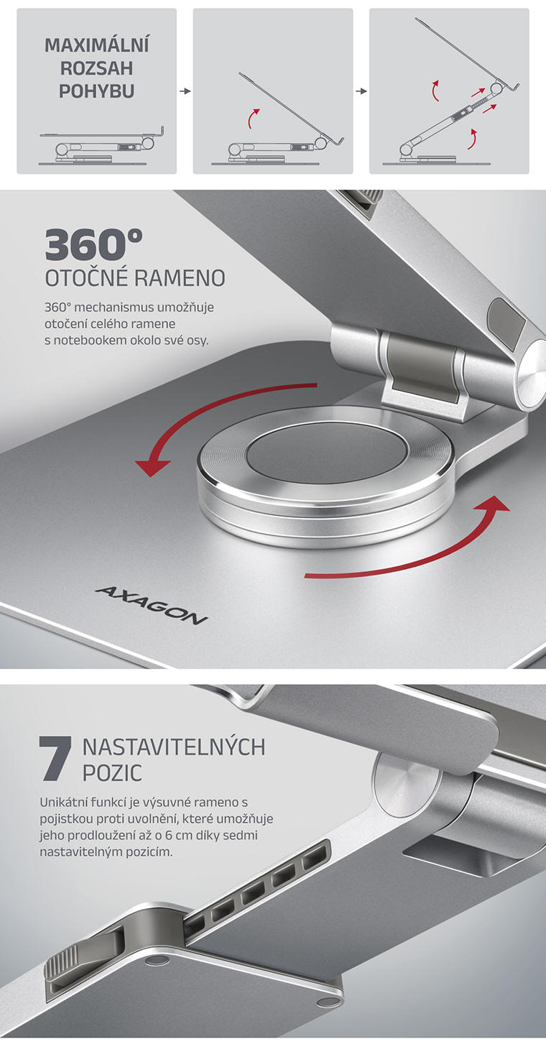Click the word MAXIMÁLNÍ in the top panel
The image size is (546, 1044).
96,46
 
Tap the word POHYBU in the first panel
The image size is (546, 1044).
96,92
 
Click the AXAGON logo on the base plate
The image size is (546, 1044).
151,605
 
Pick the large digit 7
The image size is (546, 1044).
56,759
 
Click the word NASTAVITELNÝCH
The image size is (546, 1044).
174,747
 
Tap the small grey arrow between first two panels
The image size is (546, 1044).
185,91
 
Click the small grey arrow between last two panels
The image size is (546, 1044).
361,91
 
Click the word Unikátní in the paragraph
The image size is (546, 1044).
64,801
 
